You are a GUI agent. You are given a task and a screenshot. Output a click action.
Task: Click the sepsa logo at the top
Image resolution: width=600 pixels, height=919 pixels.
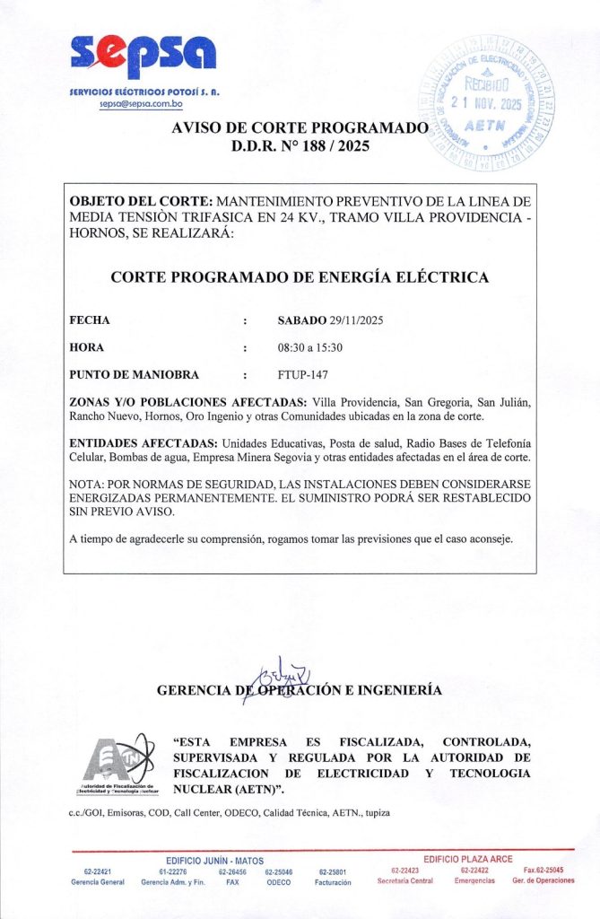coord(143,57)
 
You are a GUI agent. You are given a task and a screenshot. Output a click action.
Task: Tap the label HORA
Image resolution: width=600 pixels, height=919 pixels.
coord(87,347)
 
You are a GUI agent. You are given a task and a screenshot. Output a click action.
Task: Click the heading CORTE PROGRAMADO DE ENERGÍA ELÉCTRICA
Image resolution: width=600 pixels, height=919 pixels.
coord(300,277)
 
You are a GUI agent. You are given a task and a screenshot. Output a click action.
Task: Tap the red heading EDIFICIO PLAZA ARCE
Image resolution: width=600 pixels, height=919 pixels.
coord(468,859)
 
